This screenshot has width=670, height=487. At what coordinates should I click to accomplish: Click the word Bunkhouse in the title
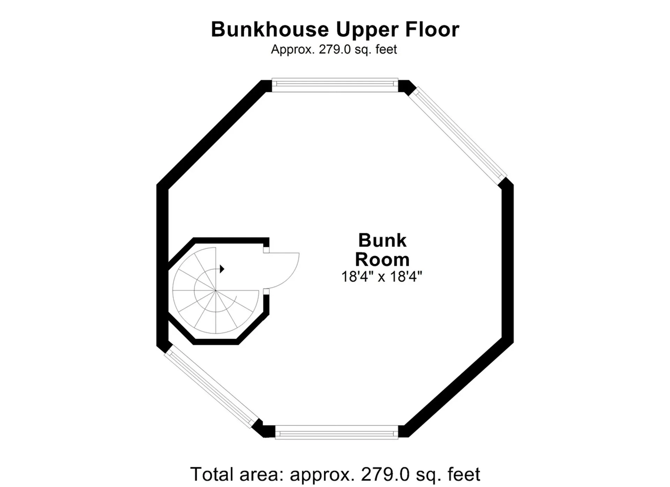269,29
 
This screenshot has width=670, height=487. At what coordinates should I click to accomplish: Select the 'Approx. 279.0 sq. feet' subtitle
334,49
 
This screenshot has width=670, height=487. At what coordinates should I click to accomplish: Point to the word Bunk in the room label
382,240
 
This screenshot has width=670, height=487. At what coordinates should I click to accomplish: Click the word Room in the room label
382,259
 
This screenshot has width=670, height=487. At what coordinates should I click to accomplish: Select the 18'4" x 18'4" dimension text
382,276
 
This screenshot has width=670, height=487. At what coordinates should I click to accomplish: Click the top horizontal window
335,85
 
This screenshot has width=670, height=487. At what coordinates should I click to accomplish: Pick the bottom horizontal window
337,432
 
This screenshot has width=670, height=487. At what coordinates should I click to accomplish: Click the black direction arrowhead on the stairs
222,269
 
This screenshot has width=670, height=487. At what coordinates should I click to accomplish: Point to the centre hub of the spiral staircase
216,290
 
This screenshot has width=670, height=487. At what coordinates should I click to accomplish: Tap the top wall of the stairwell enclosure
231,241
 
